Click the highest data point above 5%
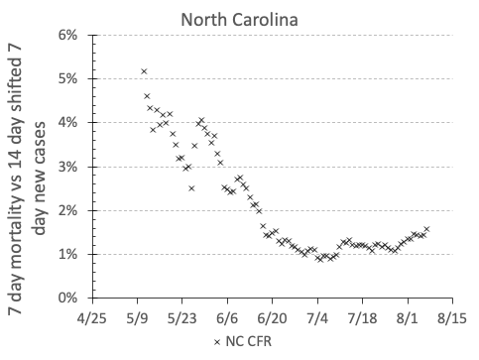144,71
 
